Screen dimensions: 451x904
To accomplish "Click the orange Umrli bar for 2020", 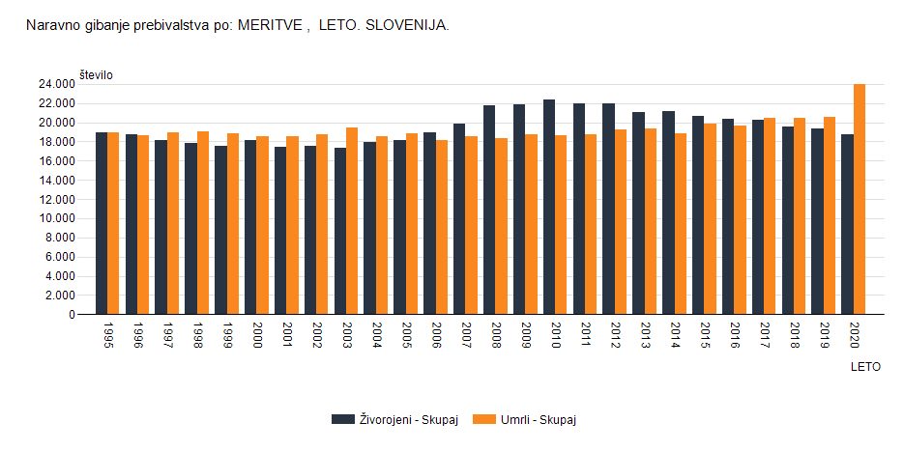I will pos(860,199).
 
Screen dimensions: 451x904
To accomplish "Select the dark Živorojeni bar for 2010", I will pos(549,207).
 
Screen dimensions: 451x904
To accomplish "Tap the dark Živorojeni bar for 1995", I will pos(102,223).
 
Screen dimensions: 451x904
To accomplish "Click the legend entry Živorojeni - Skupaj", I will pos(395,418).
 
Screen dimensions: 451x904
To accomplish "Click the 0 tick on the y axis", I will pos(71,314).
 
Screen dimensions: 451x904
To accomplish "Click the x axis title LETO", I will pos(865,367).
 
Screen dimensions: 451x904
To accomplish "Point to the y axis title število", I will pos(97,74).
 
